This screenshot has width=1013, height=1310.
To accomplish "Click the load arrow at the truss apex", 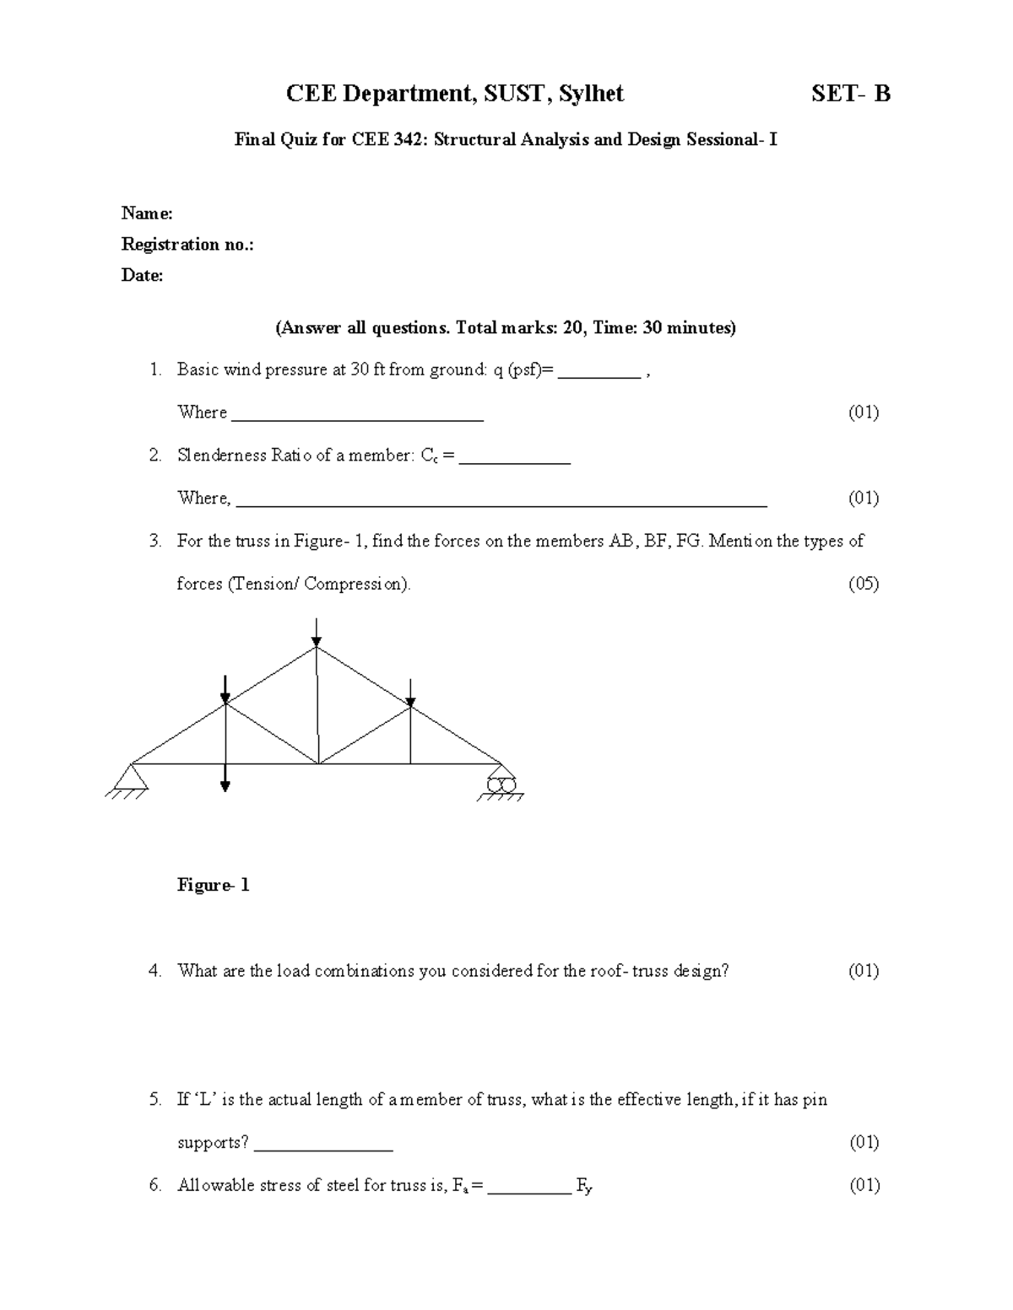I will pyautogui.click(x=316, y=633).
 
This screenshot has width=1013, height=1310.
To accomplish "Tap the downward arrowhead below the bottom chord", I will pyautogui.click(x=225, y=785).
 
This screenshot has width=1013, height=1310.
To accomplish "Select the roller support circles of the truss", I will pyautogui.click(x=501, y=784).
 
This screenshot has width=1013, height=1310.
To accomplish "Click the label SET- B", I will pyautogui.click(x=851, y=94).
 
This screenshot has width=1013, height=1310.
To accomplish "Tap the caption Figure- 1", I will pyautogui.click(x=213, y=885).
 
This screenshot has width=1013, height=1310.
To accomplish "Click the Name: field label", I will pyautogui.click(x=147, y=213).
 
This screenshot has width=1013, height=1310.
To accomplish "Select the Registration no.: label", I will pyautogui.click(x=187, y=245).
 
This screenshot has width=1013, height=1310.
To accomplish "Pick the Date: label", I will pyautogui.click(x=143, y=275).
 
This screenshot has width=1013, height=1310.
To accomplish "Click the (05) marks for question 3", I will pyautogui.click(x=864, y=584).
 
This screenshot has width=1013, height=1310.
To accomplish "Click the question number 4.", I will pyautogui.click(x=154, y=971).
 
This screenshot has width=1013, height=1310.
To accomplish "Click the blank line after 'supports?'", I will pyautogui.click(x=323, y=1148).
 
